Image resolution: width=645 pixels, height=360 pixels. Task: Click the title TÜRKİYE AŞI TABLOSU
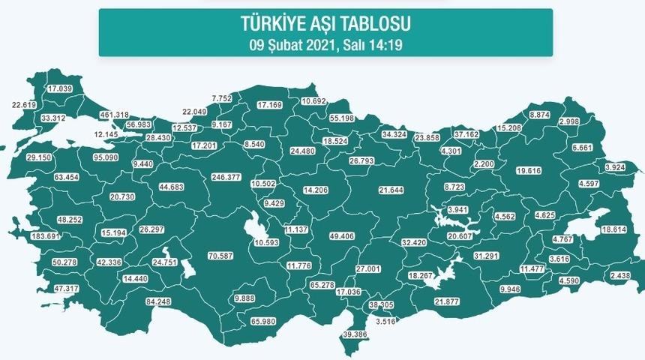pos(325,25)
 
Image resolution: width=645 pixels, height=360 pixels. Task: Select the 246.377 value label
pos(227,177)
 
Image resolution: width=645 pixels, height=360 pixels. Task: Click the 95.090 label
pos(106,158)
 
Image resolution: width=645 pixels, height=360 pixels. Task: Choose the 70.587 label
pos(222,256)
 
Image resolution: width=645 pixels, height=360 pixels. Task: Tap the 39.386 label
pos(358,334)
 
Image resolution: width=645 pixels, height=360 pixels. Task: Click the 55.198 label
pos(346,118)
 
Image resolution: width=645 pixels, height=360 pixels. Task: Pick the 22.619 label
pos(27,104)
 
